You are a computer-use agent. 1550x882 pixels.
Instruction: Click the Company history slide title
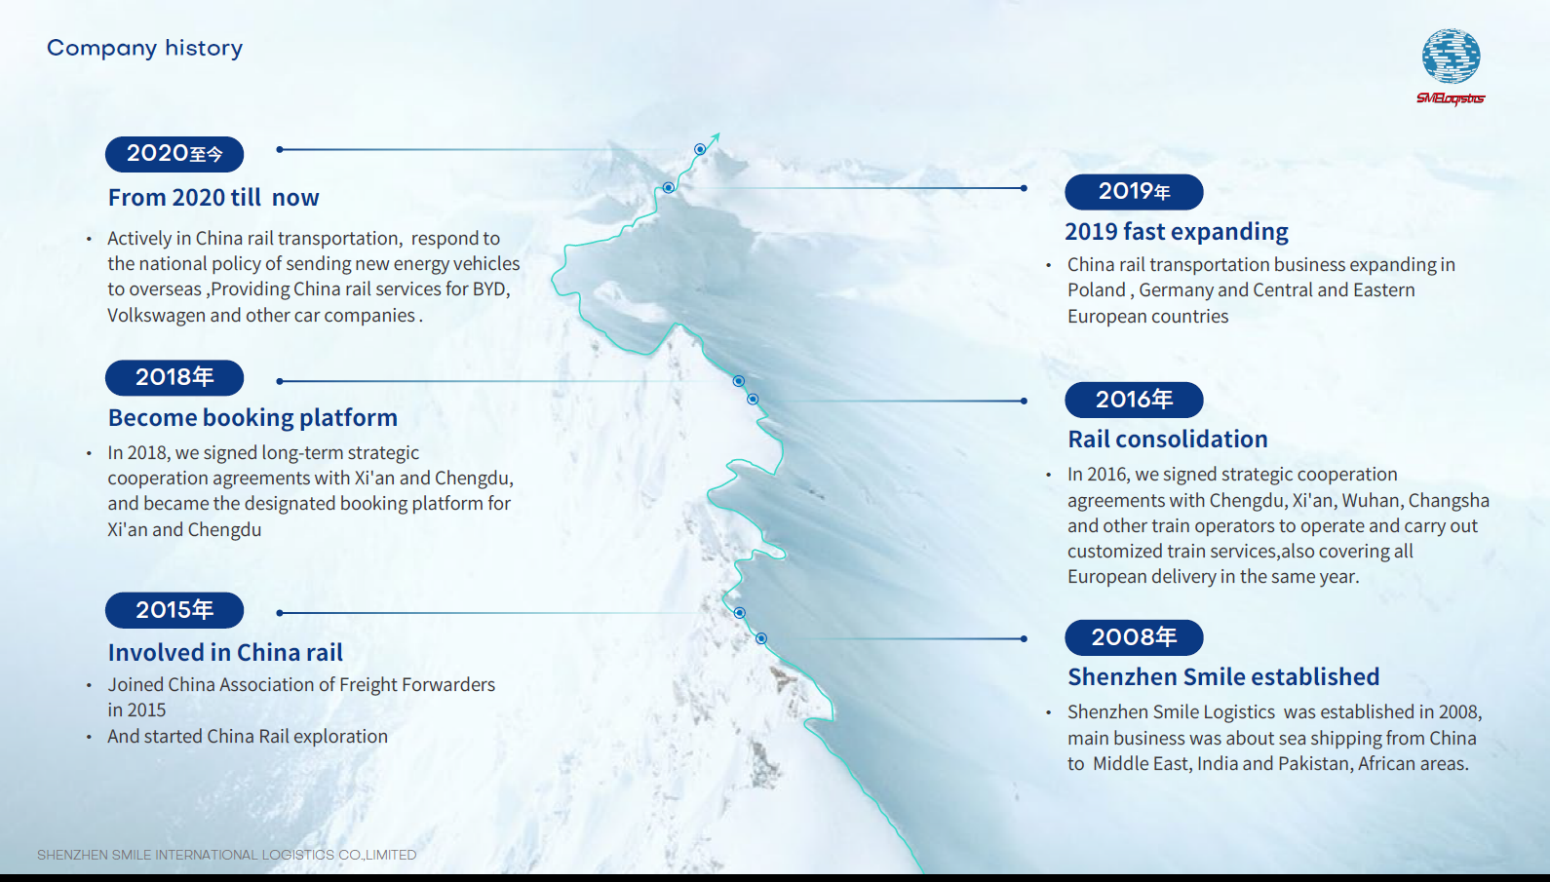click(144, 49)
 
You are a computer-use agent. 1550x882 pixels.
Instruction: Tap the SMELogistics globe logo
click(1451, 66)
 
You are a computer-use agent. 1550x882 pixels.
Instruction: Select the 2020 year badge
click(174, 154)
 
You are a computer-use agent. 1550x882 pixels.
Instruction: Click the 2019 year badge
click(1134, 192)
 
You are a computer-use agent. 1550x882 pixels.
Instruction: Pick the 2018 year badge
click(174, 378)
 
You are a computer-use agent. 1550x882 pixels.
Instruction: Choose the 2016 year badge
click(1134, 400)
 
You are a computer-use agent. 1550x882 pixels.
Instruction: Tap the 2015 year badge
click(174, 610)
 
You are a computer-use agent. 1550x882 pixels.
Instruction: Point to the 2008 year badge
click(1134, 637)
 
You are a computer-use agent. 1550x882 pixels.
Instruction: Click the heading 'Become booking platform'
click(252, 418)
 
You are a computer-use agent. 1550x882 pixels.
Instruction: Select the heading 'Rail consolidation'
click(1167, 440)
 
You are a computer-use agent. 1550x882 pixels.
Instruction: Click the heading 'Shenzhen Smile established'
click(1223, 676)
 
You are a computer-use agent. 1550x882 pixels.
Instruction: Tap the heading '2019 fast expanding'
click(1177, 232)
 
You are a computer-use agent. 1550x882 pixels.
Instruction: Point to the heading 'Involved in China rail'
click(225, 652)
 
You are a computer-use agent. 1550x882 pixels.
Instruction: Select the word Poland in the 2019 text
click(1097, 289)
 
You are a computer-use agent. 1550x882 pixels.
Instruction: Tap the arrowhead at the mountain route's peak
click(716, 137)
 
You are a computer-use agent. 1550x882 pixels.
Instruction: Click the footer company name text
click(227, 855)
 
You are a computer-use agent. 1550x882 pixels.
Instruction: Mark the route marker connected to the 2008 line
click(761, 638)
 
